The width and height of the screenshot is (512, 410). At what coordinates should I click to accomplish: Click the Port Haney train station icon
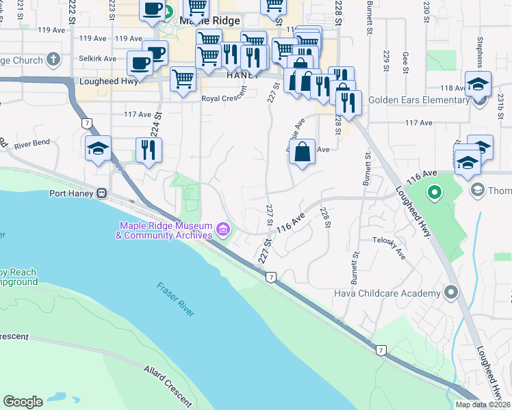click(x=102, y=193)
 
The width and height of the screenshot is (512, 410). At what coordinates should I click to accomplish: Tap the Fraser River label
click(x=175, y=299)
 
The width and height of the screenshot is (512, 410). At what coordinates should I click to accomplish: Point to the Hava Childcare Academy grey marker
click(x=450, y=293)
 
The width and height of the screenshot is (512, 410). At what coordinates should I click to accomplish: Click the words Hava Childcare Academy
click(x=387, y=293)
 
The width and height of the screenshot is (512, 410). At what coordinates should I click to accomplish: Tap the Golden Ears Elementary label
click(x=418, y=100)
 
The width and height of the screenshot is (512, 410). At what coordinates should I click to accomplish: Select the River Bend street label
click(x=31, y=143)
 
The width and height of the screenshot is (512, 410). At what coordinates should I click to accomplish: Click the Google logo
click(x=23, y=402)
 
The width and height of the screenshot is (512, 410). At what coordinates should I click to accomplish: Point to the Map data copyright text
click(x=483, y=405)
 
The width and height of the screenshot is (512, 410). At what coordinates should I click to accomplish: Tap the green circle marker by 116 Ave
click(x=433, y=193)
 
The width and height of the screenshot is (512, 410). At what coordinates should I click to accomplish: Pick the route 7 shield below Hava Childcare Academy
click(x=381, y=350)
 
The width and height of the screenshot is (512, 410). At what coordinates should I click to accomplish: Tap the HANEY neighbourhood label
click(x=243, y=75)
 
